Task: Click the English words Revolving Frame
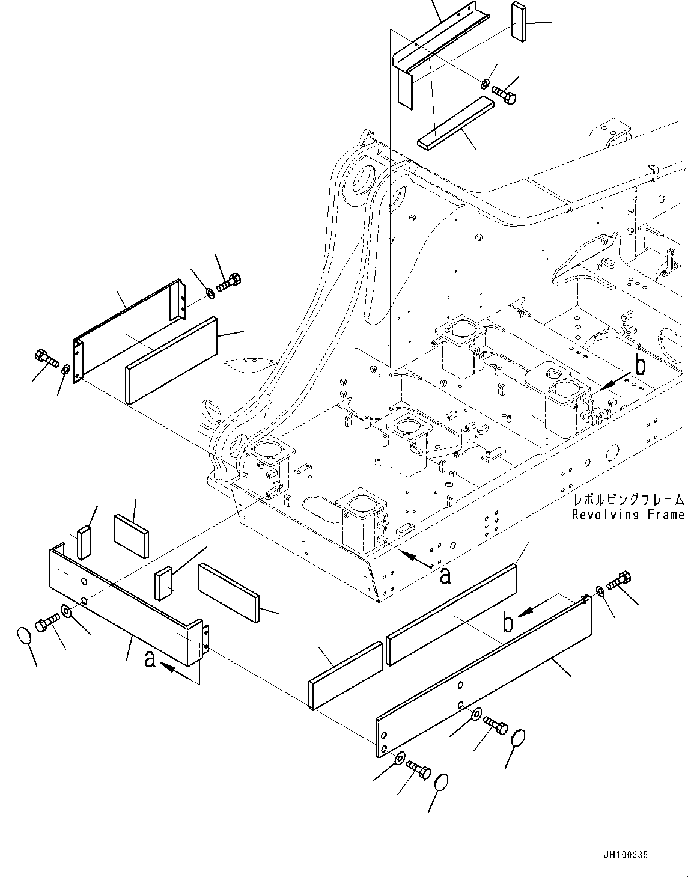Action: (x=628, y=515)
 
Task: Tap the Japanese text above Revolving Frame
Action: (x=629, y=501)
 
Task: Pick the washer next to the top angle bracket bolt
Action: (x=485, y=84)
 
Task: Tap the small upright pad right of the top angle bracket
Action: (x=519, y=22)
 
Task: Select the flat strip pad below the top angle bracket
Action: (x=455, y=123)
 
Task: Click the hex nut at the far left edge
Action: (x=66, y=369)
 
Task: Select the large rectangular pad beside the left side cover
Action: (x=171, y=361)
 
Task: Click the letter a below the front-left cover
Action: (x=150, y=659)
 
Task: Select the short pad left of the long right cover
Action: (x=346, y=676)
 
